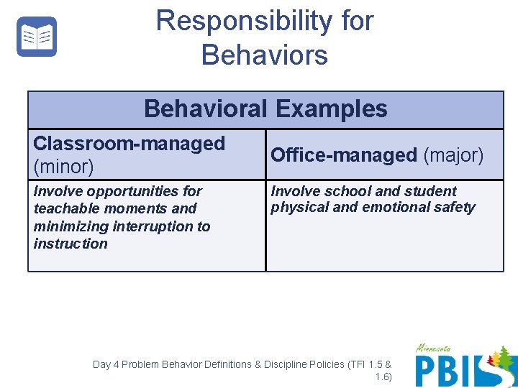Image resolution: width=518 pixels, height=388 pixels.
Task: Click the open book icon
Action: pos(37,37)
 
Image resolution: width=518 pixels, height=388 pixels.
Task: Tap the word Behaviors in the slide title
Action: pos(265,55)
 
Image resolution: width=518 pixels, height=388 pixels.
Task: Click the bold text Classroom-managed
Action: pos(129,144)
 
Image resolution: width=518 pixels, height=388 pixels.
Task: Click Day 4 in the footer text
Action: pos(106,364)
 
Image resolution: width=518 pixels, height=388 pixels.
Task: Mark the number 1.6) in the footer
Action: pos(383,377)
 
